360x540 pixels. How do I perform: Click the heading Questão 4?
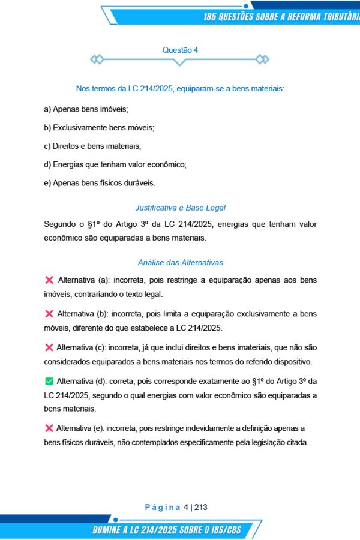[180, 50]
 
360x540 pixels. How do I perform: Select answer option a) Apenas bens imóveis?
[86, 109]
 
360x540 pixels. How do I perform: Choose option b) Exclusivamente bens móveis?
[99, 128]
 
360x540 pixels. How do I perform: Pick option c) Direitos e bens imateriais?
[92, 146]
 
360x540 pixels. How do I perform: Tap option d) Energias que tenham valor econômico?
[115, 164]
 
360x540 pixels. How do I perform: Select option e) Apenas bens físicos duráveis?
[99, 183]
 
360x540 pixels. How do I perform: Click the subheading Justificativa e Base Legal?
[180, 208]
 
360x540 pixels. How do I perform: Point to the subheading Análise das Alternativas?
[180, 262]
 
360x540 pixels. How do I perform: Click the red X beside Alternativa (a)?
[49, 280]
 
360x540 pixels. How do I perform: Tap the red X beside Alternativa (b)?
[49, 314]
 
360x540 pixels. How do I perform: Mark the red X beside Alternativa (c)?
[49, 347]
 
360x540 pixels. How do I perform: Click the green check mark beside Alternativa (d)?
[49, 381]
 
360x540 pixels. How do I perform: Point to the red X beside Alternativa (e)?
[49, 428]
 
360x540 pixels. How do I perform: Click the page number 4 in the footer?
[185, 507]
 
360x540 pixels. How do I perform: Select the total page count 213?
[201, 507]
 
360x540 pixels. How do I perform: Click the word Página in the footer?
[163, 507]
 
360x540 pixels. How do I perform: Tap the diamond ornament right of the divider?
[262, 59]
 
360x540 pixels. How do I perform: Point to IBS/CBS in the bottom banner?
[230, 530]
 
